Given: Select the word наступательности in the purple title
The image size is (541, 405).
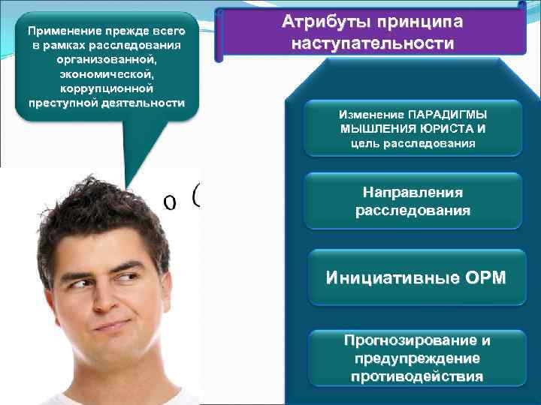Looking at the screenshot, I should pos(373,43).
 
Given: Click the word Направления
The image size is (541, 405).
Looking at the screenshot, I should pos(413,193).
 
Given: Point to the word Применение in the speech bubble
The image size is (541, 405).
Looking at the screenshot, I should pos(62,32).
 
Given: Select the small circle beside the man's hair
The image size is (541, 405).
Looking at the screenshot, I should pos(171,202).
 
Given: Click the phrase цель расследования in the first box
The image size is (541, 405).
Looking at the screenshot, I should pos(413,142).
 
